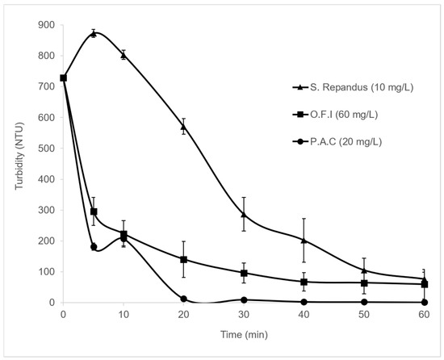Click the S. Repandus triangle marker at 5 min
click(94, 34)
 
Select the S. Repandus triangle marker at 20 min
click(183, 127)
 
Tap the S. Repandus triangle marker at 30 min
click(244, 214)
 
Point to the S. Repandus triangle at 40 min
click(304, 241)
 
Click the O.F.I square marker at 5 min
click(94, 211)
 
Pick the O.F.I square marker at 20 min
click(183, 260)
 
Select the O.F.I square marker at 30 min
click(244, 273)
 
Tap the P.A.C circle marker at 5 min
click(94, 247)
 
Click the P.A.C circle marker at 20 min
click(183, 299)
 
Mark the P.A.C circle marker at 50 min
click(364, 302)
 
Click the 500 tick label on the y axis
click(46, 149)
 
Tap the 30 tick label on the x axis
click(244, 315)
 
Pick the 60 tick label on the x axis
click(424, 315)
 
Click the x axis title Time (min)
click(244, 335)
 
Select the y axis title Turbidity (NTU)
click(19, 156)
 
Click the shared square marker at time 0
click(64, 77)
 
